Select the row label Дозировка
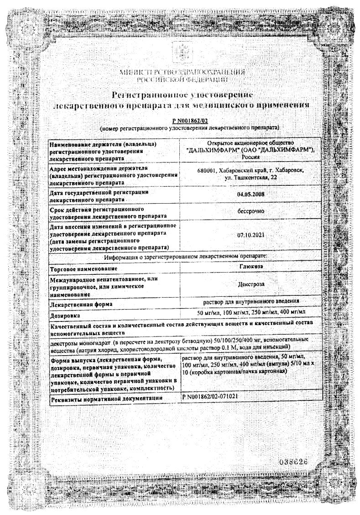67,315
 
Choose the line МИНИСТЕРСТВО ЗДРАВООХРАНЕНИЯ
180,72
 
